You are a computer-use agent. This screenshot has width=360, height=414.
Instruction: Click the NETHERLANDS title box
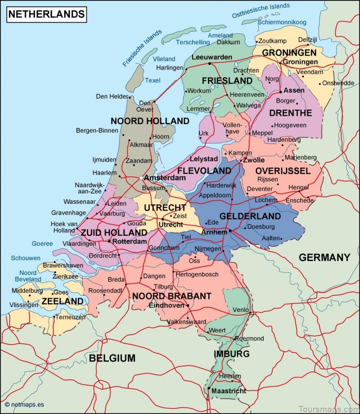tap(46, 14)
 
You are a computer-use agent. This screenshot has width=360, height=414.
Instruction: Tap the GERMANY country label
tap(324, 257)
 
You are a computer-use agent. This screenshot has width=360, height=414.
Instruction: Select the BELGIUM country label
tap(112, 358)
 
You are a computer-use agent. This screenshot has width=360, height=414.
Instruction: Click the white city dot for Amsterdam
tap(141, 178)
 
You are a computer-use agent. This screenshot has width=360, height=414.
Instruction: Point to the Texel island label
tap(153, 81)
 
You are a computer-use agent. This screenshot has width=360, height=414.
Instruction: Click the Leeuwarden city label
tap(211, 57)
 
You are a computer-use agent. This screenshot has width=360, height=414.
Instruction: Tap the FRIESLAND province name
tap(227, 81)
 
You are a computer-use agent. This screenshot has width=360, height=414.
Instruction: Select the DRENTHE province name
tap(290, 112)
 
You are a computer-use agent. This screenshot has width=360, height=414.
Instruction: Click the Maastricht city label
tap(229, 391)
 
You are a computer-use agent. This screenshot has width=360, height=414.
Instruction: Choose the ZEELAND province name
tap(63, 301)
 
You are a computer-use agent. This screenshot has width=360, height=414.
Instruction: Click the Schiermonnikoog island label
tap(282, 22)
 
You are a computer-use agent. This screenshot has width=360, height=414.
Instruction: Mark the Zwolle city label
tap(254, 160)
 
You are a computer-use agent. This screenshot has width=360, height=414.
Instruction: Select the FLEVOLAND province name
tap(204, 171)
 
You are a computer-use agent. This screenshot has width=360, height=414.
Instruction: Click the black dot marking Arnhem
tap(230, 231)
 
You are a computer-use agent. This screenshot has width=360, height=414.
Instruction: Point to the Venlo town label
tap(240, 310)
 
